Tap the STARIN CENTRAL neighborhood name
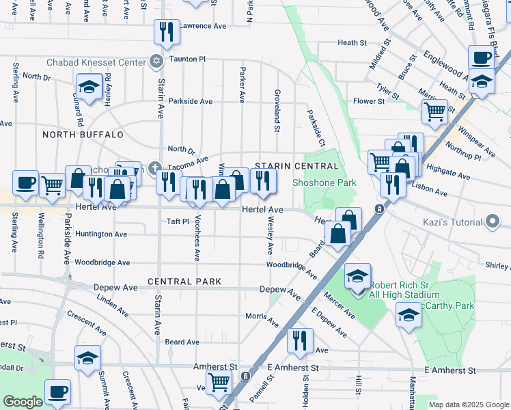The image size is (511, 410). point(296,166)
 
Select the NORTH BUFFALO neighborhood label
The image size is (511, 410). point(83,135)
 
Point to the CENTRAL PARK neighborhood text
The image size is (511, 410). point(184,282)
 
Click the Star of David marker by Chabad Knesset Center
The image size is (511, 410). point(156,62)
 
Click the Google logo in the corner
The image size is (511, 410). point(22,402)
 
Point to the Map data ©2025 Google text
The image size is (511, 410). point(469,405)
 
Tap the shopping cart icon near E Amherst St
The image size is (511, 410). point(219,381)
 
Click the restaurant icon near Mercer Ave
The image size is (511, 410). point(300,339)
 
